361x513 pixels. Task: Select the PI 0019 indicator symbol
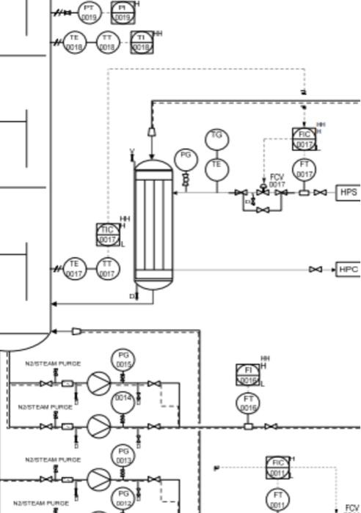tap(122, 11)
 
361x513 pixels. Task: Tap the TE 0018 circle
tap(74, 43)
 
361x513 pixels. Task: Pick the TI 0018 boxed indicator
tap(141, 43)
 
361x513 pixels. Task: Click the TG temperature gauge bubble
tap(216, 139)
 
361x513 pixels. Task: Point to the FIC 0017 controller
tap(305, 139)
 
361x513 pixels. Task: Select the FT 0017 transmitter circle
tap(304, 170)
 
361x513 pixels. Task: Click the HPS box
tap(349, 192)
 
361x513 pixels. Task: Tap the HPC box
tap(349, 270)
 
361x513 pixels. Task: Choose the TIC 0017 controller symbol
tap(108, 235)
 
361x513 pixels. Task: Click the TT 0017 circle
tap(107, 269)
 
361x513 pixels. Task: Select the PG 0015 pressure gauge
tap(123, 359)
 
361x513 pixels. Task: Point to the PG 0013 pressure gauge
tap(123, 455)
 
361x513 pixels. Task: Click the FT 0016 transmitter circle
tap(248, 402)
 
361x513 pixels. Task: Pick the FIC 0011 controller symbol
tap(277, 467)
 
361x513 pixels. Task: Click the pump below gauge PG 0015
tap(98, 383)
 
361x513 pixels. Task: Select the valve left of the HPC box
tap(316, 270)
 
